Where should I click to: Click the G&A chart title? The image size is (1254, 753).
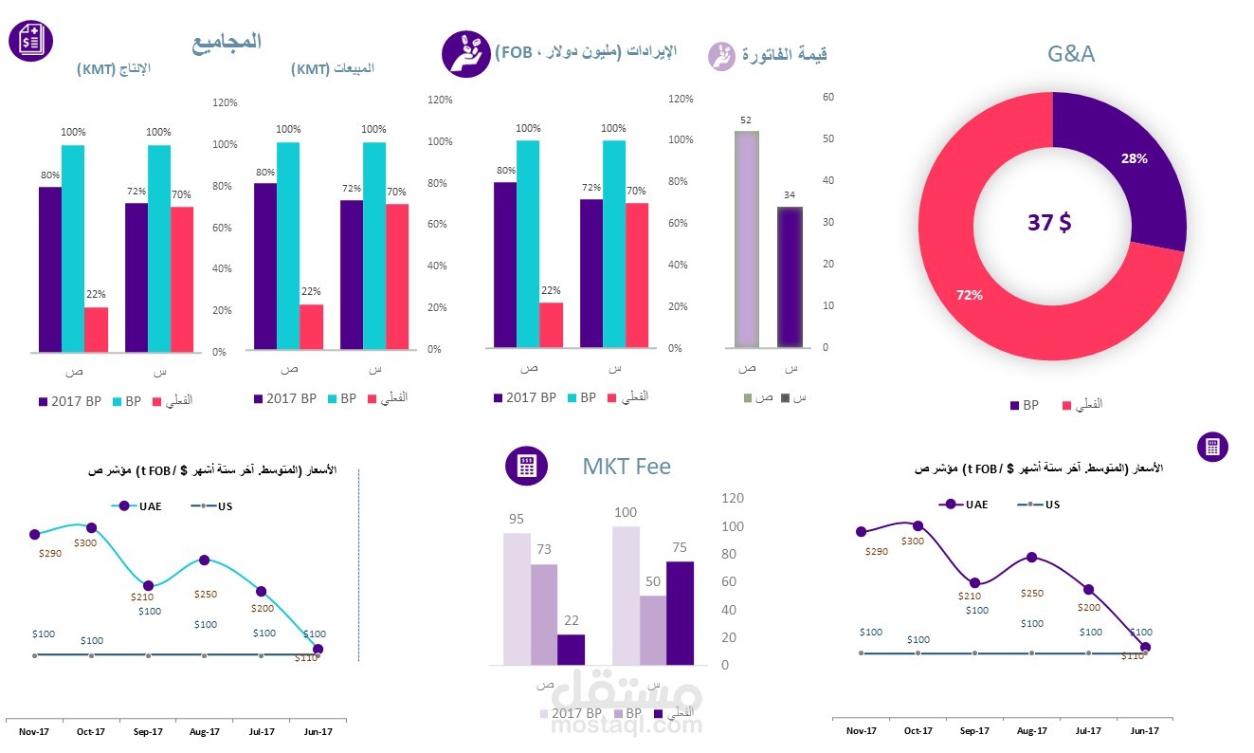click(1070, 54)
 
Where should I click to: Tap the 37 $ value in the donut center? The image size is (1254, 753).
click(1049, 223)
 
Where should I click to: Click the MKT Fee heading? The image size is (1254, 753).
click(627, 467)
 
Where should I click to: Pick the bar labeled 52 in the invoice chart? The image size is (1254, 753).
click(746, 239)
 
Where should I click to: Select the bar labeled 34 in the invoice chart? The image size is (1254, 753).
click(790, 277)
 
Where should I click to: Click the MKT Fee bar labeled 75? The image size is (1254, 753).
click(680, 613)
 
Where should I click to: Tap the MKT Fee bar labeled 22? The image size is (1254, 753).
click(571, 650)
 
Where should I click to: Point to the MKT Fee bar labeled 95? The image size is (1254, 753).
click(517, 599)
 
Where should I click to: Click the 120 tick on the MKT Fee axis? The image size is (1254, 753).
click(733, 498)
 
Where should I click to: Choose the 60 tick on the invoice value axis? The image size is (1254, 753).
click(828, 97)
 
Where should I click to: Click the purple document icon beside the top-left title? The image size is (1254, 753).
click(30, 41)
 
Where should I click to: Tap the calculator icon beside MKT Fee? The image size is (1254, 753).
click(526, 466)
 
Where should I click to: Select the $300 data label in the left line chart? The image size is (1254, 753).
click(85, 542)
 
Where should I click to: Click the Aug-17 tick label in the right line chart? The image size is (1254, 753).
click(1032, 730)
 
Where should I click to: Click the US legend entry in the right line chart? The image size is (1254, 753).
click(1039, 505)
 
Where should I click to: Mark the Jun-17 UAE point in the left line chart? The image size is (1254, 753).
click(318, 650)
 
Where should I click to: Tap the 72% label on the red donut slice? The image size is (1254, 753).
click(969, 295)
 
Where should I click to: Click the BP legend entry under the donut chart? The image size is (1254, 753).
click(1024, 405)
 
